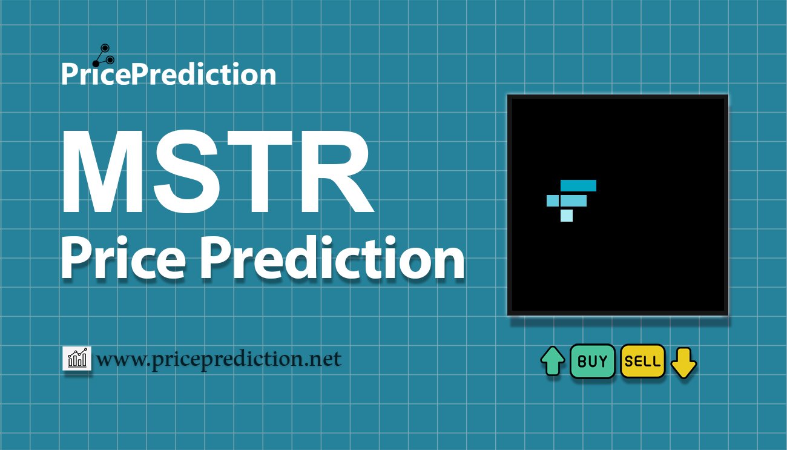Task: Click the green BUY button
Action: [592, 361]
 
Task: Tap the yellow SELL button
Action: [643, 361]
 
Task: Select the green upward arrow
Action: [553, 361]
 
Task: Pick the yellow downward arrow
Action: [683, 363]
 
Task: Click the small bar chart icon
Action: [77, 358]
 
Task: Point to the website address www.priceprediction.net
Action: [219, 360]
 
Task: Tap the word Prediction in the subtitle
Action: [332, 257]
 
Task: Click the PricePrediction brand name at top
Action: [169, 74]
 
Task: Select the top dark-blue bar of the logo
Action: [578, 185]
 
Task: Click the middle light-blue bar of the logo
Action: [567, 200]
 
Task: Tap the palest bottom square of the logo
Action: [567, 216]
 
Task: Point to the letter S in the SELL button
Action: [628, 362]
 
